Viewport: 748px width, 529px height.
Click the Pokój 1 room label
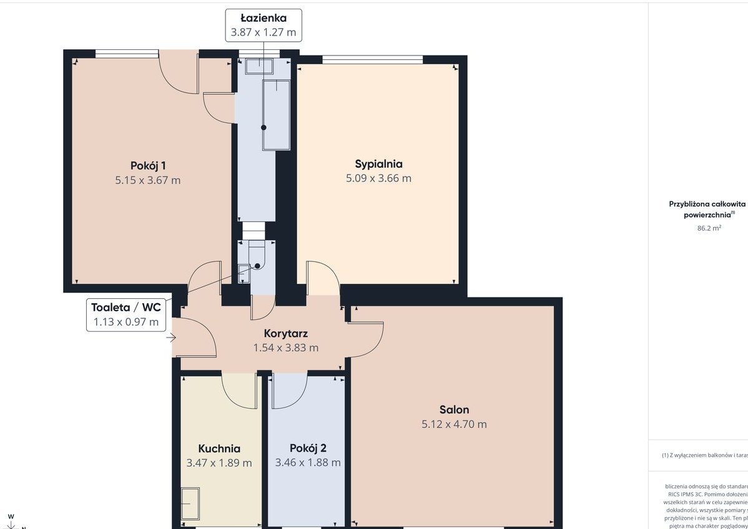coord(148,165)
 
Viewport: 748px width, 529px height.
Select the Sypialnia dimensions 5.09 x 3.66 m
coord(378,178)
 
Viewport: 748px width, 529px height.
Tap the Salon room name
coord(454,410)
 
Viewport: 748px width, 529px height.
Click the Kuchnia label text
coord(219,449)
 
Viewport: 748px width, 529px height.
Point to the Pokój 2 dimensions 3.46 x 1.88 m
coord(308,463)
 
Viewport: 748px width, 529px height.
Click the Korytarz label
coord(286,334)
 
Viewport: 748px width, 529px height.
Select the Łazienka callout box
coord(263,26)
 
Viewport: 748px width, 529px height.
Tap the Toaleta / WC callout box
coord(125,314)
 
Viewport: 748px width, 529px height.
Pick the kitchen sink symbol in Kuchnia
coord(190,503)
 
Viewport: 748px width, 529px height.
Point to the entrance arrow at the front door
coord(171,339)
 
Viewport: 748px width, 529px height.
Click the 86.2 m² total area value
coord(709,228)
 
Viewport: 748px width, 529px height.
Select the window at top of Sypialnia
coord(372,60)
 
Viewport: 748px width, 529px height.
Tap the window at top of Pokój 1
coord(127,54)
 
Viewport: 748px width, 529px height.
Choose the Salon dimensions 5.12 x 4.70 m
coord(454,424)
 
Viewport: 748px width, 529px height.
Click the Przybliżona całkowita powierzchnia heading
coord(707,208)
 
